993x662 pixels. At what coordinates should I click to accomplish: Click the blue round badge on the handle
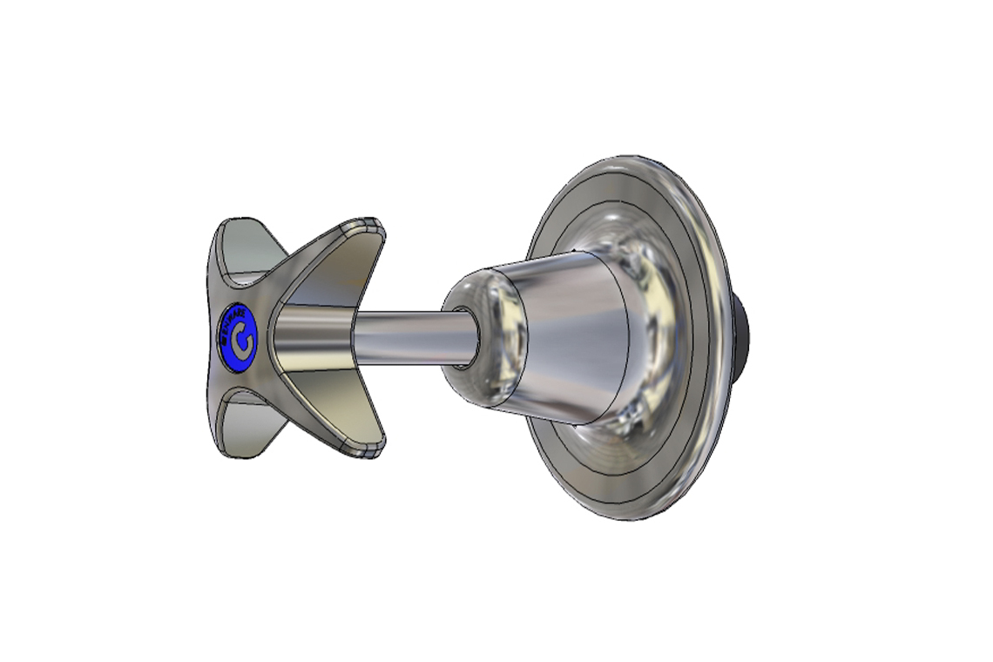238,339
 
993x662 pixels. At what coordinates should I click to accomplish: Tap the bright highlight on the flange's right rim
710,296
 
